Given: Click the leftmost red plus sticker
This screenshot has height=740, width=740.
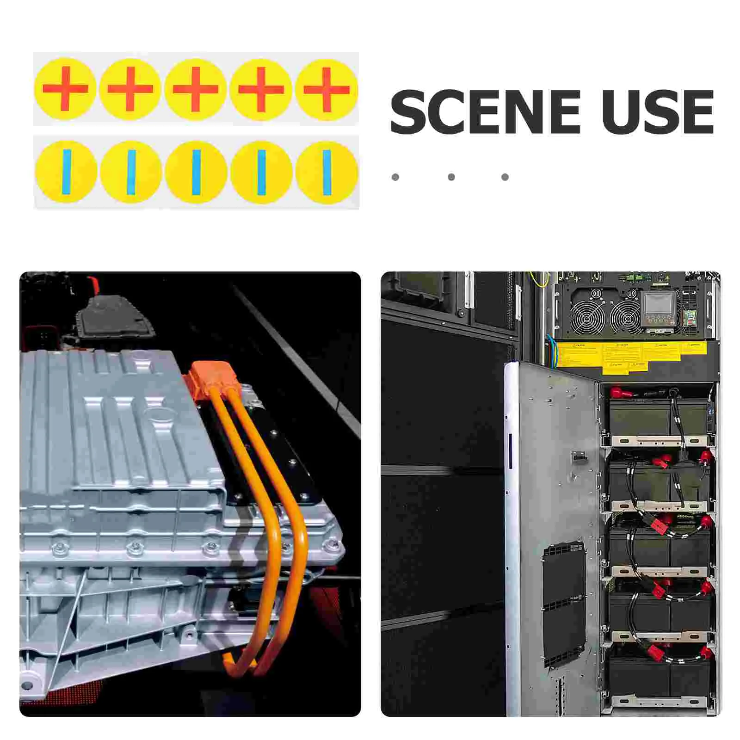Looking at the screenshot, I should click(65, 89).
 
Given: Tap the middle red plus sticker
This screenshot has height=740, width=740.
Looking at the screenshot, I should click(196, 89).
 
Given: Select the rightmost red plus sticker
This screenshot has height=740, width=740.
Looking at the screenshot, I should click(327, 89).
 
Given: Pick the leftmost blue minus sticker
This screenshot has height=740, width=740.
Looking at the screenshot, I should click(66, 172).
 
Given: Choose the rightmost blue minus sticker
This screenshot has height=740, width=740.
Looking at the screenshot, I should click(327, 172).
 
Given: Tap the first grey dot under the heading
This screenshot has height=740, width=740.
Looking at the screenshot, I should click(395, 177).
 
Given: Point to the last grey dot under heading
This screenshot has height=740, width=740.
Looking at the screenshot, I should click(505, 177).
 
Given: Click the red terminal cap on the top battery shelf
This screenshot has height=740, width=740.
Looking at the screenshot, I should click(618, 394).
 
